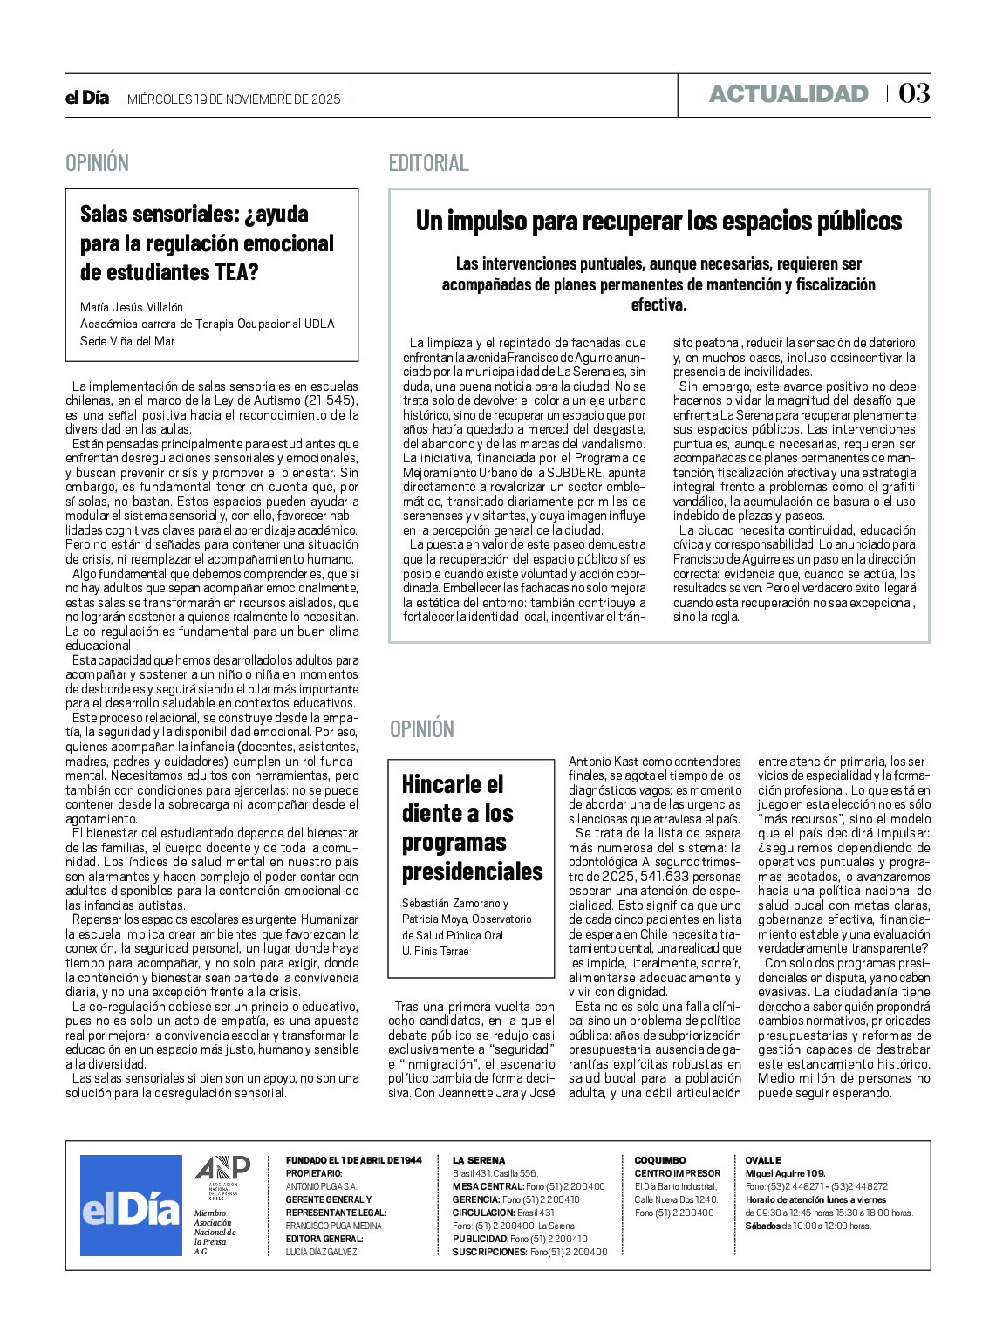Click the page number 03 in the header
click(x=914, y=93)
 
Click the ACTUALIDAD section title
click(x=788, y=94)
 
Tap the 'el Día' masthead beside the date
click(x=87, y=99)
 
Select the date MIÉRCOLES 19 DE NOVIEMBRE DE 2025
click(x=234, y=99)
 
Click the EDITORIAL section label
click(x=428, y=163)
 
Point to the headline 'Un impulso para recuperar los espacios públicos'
click(x=658, y=222)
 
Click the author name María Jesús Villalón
click(x=132, y=307)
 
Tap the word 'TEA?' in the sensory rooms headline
click(x=236, y=272)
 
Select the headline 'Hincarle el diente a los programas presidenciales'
click(x=472, y=827)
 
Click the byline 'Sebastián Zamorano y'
click(x=455, y=904)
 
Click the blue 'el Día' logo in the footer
click(x=131, y=1206)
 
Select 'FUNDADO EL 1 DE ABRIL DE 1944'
click(x=353, y=1160)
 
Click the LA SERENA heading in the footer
click(x=479, y=1160)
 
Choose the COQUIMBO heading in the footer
click(x=660, y=1160)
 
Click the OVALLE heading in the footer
click(x=763, y=1160)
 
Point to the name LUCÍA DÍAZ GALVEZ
click(x=322, y=1252)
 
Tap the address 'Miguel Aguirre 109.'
click(x=785, y=1173)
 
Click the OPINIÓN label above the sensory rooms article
click(x=97, y=163)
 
